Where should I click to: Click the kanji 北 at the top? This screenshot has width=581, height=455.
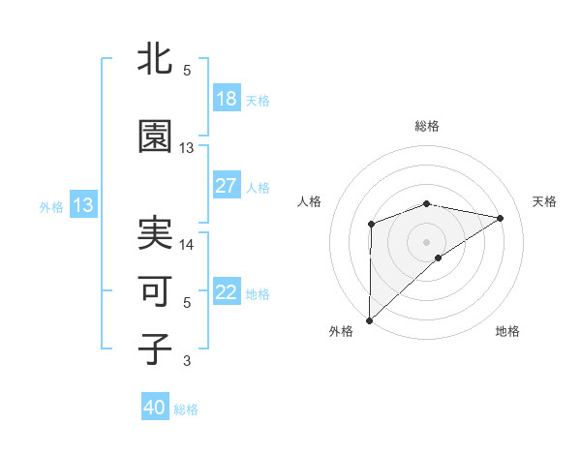click(x=155, y=60)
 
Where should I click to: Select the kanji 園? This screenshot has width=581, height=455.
click(x=155, y=136)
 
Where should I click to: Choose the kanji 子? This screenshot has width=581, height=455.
click(x=155, y=349)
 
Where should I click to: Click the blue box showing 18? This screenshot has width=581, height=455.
click(x=227, y=100)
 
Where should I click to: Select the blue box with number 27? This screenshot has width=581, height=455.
click(x=227, y=186)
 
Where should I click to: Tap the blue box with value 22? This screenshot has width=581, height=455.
click(x=227, y=292)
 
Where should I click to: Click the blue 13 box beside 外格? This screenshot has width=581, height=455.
click(x=82, y=205)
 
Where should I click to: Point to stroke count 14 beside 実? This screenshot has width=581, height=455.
click(x=187, y=245)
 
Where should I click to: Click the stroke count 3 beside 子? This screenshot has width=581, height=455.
click(x=187, y=361)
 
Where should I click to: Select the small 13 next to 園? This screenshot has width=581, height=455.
click(x=187, y=148)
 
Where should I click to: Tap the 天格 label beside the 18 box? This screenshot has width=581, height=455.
click(x=258, y=101)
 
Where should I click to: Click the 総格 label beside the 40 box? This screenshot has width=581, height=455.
click(x=186, y=409)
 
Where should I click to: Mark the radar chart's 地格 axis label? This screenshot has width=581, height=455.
click(x=507, y=331)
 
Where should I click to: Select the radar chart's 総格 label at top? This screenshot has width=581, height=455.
click(x=426, y=126)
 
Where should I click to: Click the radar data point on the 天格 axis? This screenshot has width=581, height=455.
click(x=501, y=218)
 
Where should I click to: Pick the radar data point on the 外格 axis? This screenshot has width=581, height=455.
click(x=369, y=319)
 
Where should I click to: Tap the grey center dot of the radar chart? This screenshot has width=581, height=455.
click(x=426, y=241)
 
